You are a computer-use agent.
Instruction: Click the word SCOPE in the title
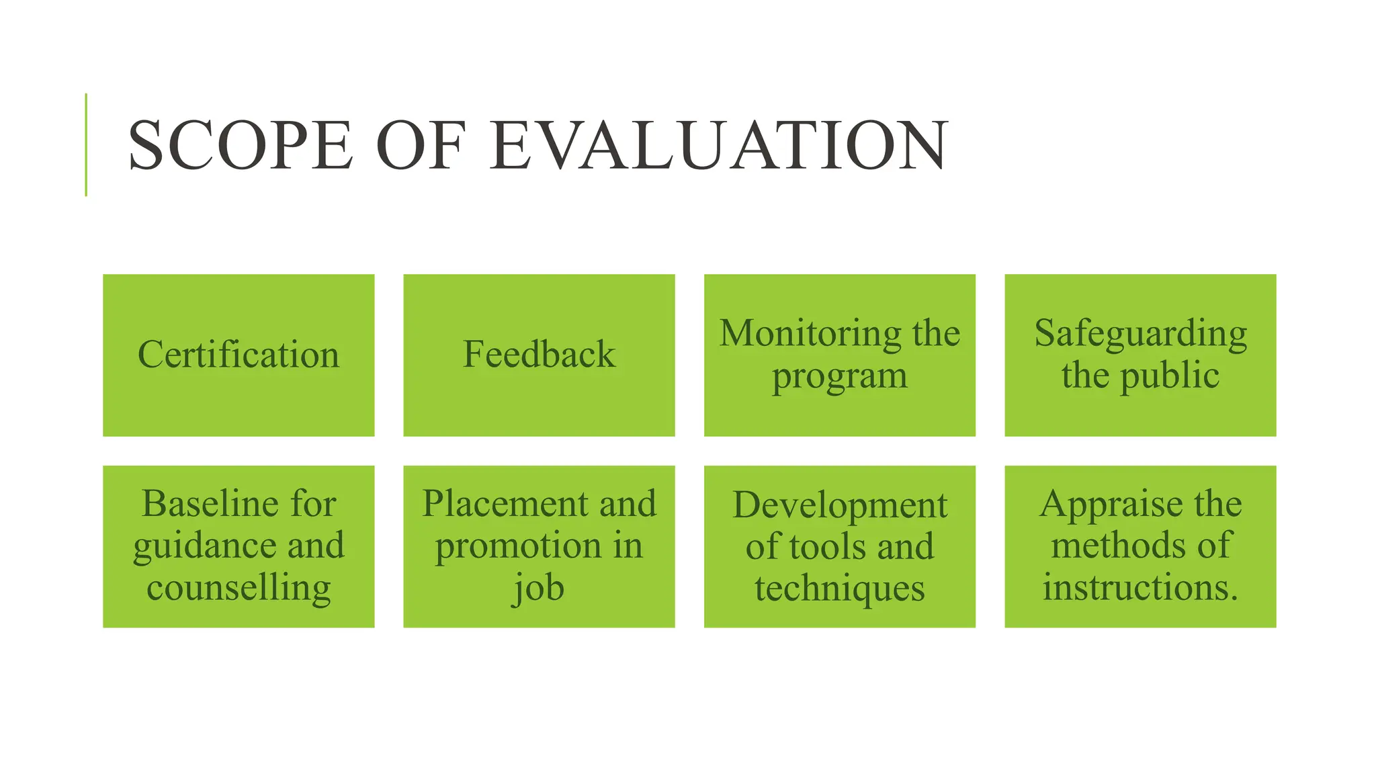coord(240,145)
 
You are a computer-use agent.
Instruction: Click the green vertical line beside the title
coord(86,144)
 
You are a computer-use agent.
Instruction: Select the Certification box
coord(239,355)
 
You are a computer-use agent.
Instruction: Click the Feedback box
coord(539,355)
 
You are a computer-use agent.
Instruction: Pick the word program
coord(839,376)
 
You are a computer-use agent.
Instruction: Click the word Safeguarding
coord(1140,333)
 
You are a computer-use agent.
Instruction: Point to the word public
coord(1169,375)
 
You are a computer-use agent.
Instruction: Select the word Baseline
coord(201,503)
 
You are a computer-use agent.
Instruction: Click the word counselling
coord(239,588)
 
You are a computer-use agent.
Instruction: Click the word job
coord(539,588)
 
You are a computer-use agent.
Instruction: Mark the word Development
coord(839,505)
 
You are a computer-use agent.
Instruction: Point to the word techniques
coord(839,589)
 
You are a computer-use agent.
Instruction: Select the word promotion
coord(517,546)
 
